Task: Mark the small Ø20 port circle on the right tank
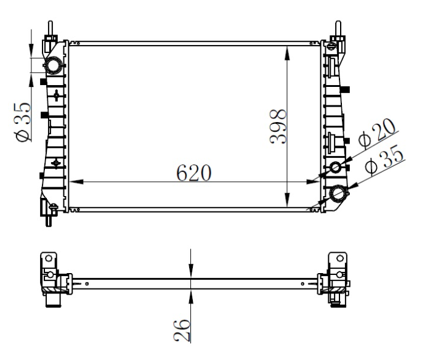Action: (x=336, y=168)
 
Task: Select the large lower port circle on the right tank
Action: (x=338, y=195)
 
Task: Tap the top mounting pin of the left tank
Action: (x=49, y=29)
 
